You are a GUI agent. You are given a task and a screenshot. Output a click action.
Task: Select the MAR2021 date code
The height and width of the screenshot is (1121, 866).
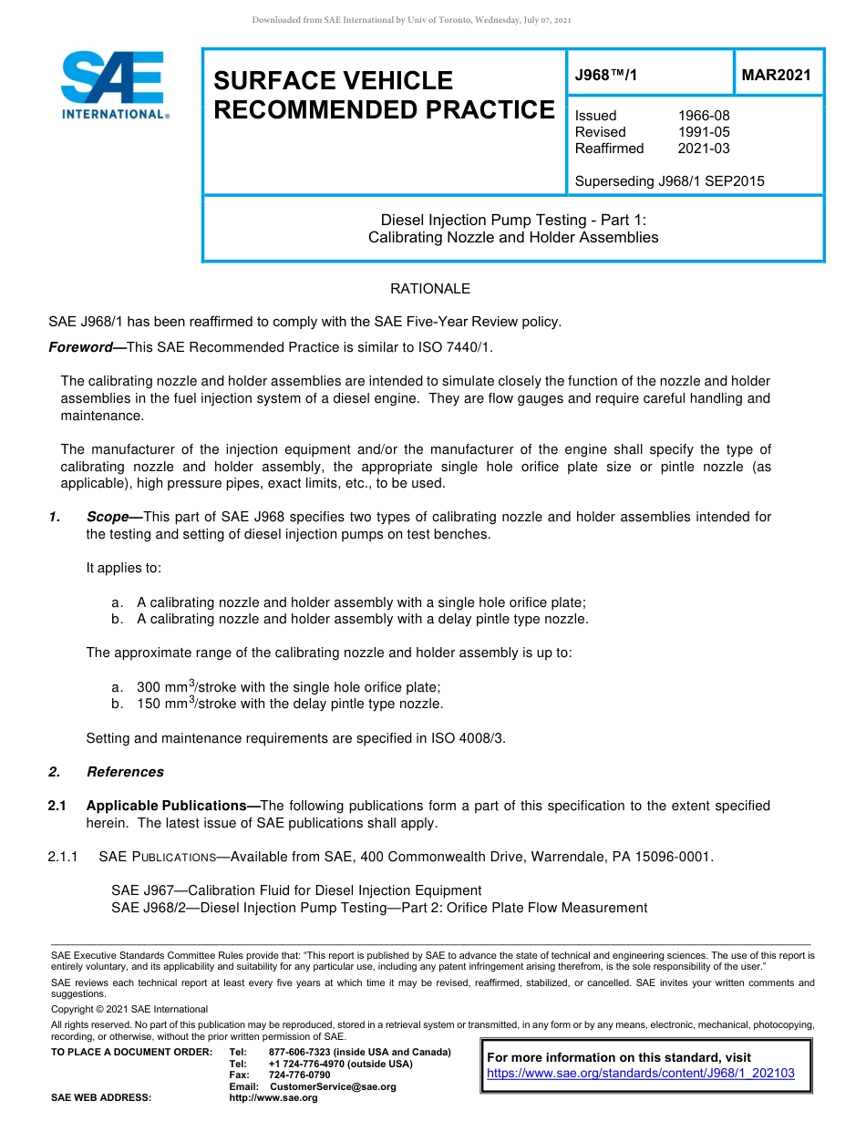point(776,76)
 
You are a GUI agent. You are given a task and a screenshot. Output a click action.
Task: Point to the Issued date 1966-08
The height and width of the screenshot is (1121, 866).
point(703,116)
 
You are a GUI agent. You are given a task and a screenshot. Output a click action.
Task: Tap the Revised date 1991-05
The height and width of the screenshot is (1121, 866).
point(703,132)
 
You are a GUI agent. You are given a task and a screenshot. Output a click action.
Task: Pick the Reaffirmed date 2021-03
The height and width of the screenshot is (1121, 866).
point(703,149)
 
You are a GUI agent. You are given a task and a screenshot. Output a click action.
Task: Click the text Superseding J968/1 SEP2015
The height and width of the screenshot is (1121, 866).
point(669,181)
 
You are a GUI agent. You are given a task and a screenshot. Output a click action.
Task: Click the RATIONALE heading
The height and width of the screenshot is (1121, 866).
point(430,289)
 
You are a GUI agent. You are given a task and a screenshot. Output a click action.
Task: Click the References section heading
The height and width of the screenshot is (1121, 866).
point(125,772)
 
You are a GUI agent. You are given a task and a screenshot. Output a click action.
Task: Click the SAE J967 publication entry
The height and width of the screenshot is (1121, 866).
point(295,890)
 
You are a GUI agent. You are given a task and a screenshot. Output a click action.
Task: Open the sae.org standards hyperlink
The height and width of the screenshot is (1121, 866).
point(641,1074)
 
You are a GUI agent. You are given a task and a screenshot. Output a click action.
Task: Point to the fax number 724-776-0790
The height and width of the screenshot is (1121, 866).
point(299,1075)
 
